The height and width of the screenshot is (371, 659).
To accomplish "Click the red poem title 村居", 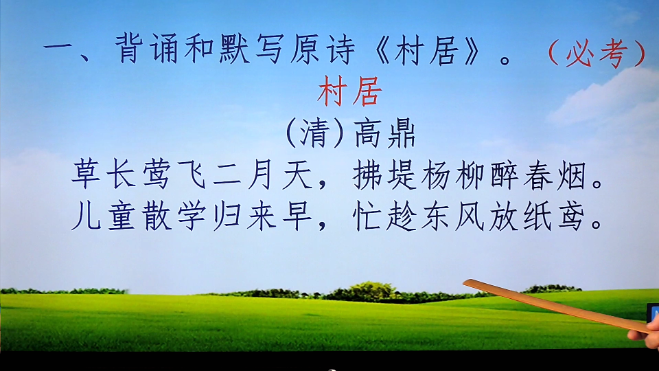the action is coord(349,91).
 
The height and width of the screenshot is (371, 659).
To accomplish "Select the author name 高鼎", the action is coord(384,134).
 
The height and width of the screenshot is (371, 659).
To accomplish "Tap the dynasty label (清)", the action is coord(315,134).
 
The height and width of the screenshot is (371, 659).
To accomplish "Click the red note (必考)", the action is coord(597,54).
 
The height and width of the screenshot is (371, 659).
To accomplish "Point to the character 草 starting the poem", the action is coord(86,175).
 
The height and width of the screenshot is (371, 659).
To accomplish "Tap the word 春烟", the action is coord(555,175).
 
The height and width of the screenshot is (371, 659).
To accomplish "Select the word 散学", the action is coord(174,216).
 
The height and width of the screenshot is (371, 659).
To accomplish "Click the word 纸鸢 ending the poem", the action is coord(555,216).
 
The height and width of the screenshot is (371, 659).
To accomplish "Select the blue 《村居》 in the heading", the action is coord(428,50).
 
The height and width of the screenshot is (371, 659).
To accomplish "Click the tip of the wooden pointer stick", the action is coord(465,282).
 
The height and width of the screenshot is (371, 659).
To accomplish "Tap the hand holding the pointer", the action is coord(647,333).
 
